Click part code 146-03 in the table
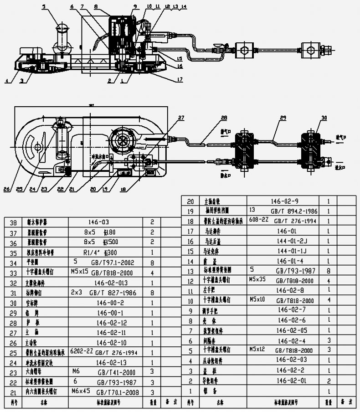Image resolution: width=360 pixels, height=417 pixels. pyautogui.click(x=98, y=222)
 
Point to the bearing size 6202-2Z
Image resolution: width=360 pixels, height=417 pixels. pyautogui.click(x=82, y=351)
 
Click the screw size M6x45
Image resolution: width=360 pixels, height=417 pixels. pyautogui.click(x=81, y=391)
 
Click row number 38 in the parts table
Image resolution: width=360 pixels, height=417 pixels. pyautogui.click(x=13, y=223)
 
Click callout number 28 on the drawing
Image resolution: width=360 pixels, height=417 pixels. pyautogui.click(x=224, y=118)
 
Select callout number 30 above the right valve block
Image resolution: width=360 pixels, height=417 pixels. pyautogui.click(x=324, y=118)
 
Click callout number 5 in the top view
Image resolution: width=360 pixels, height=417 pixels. pyautogui.click(x=44, y=7)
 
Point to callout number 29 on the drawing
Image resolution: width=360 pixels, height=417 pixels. pyautogui.click(x=283, y=118)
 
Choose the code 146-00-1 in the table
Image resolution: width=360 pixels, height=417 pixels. pyautogui.click(x=110, y=313)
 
